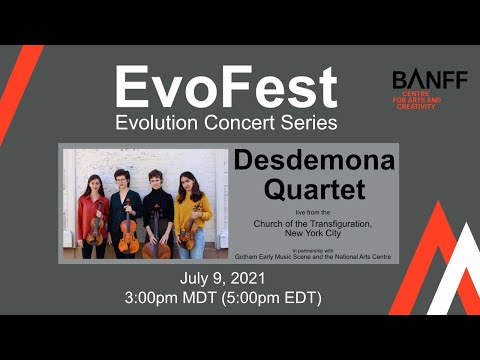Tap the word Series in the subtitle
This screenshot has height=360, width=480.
coord(305,124)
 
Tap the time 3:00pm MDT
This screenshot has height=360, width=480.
coord(176,297)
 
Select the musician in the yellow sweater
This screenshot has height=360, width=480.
coord(192,215)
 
